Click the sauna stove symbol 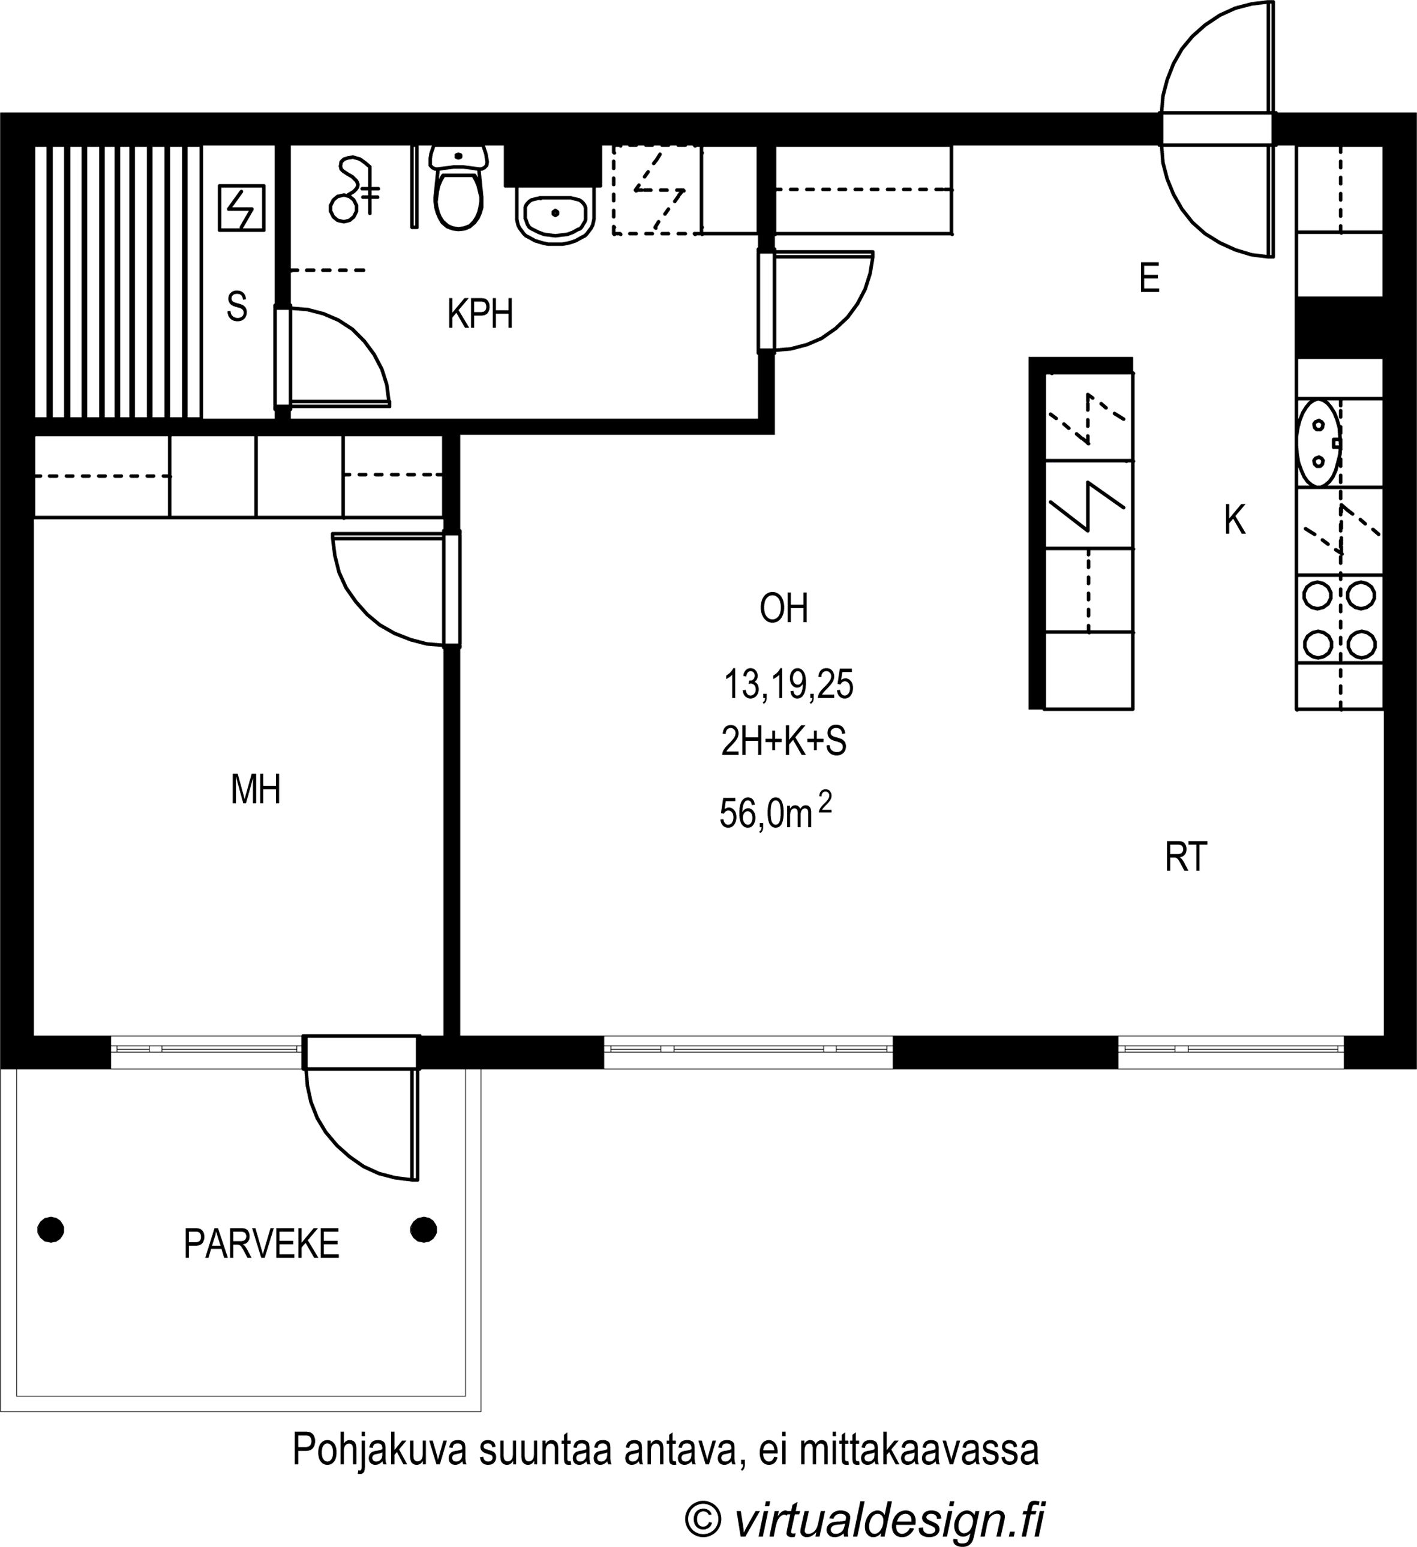tap(242, 207)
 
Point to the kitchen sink tap(1319, 443)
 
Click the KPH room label tap(480, 314)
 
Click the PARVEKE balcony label tap(261, 1244)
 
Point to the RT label tap(1186, 857)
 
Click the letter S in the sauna tap(237, 307)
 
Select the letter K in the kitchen tap(1234, 520)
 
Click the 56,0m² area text tap(775, 811)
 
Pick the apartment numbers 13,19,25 tap(788, 684)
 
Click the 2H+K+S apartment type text tap(783, 741)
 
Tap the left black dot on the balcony tap(50, 1229)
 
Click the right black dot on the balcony tap(424, 1229)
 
